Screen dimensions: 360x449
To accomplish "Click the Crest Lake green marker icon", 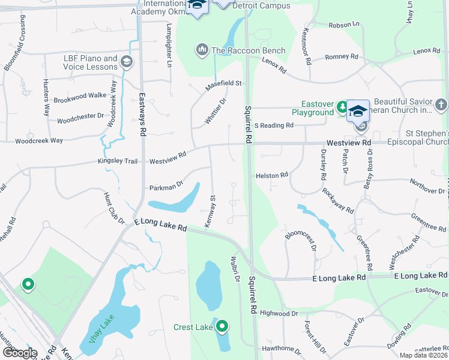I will click(x=222, y=326).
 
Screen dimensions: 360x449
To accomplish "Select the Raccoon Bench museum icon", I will click(x=202, y=49).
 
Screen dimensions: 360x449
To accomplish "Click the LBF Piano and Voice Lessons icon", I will click(x=127, y=61).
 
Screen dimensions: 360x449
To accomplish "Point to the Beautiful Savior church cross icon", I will click(x=441, y=106).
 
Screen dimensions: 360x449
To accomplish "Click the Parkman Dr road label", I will click(x=166, y=187).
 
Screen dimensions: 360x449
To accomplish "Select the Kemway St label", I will click(x=211, y=211).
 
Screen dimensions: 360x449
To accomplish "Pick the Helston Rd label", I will click(x=272, y=175).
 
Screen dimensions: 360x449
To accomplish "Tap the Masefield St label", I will click(x=223, y=84).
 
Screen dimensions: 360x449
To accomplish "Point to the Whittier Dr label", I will click(x=215, y=110).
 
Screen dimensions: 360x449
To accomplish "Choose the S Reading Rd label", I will click(x=274, y=125).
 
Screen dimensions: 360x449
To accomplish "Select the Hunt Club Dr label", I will click(x=114, y=209).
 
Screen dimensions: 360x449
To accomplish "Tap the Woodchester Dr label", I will click(x=80, y=120).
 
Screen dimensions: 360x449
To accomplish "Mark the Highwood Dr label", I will click(x=279, y=313).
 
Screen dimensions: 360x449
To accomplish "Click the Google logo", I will click(x=19, y=353).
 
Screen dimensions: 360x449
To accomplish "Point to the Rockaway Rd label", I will click(x=337, y=201).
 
